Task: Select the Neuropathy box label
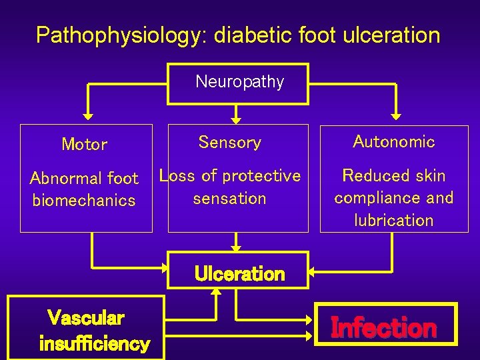click(239, 82)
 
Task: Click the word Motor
click(84, 144)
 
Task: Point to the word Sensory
click(230, 142)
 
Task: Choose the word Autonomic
click(393, 141)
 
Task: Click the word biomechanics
click(84, 200)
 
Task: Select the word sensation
click(229, 198)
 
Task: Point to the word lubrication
click(393, 220)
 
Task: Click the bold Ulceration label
click(239, 274)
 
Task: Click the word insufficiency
click(94, 344)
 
